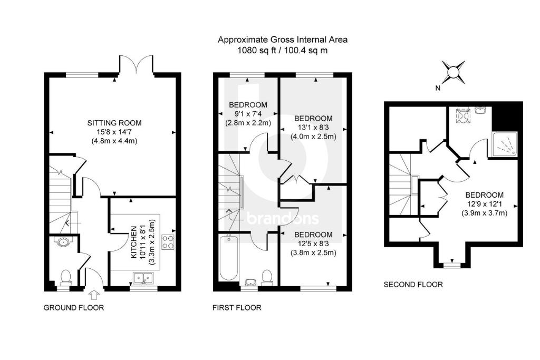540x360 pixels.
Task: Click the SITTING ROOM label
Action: click(x=114, y=123)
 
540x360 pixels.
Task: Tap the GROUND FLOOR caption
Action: click(x=73, y=308)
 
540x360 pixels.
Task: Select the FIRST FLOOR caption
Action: click(x=237, y=308)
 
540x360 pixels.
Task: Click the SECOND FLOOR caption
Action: click(x=413, y=285)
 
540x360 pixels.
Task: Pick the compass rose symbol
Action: click(x=453, y=71)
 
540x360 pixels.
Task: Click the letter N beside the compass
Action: click(x=437, y=89)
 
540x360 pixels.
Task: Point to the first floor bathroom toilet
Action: click(x=267, y=276)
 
